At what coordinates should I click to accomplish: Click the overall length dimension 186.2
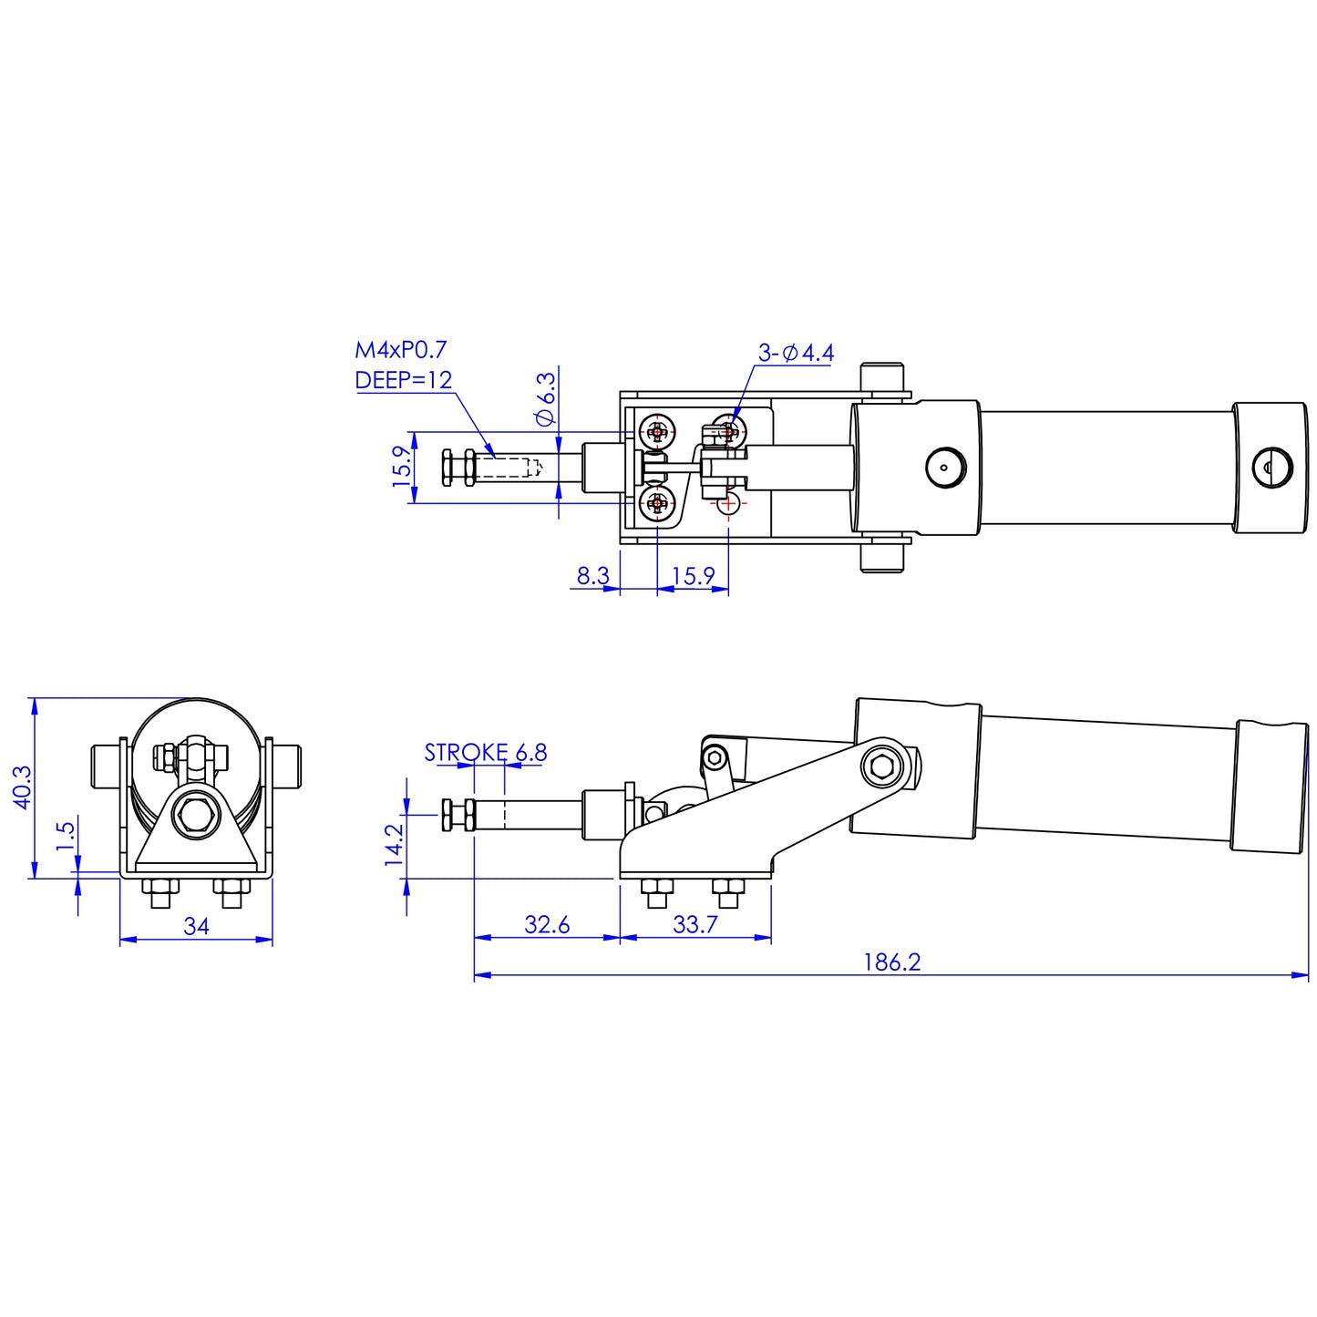pos(891,962)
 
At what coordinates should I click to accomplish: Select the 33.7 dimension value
pos(695,924)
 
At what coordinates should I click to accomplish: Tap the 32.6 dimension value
pos(547,924)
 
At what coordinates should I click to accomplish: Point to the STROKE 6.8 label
pos(485,753)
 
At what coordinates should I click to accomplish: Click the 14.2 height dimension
pos(394,844)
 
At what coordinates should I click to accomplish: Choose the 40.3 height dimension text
pos(22,787)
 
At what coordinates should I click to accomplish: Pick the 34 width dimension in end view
pos(196,926)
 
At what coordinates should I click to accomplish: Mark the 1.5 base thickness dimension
pos(65,836)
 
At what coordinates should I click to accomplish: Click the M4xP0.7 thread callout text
pos(400,350)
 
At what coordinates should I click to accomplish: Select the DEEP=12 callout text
pos(403,380)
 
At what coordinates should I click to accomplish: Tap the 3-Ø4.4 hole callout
pos(796,353)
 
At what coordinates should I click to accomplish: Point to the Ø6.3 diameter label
pos(545,398)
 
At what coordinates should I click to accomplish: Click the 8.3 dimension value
pos(592,576)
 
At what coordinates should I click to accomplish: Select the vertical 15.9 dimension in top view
pos(402,467)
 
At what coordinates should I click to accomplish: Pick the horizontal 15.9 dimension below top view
pos(693,576)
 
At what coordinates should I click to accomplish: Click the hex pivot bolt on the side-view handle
pos(882,766)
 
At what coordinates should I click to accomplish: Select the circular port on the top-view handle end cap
pos(1272,468)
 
